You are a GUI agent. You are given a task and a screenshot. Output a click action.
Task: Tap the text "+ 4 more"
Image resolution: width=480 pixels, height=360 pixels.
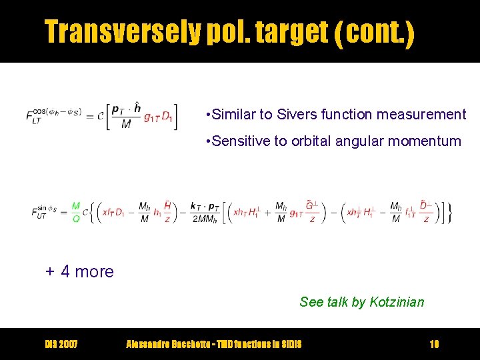79,271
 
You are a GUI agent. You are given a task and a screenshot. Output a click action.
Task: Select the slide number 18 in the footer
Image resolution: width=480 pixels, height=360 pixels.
434,344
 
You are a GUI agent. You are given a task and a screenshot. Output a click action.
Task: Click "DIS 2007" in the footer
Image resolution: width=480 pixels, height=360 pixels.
61,344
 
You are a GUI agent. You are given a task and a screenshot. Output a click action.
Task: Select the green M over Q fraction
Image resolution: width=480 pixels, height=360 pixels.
75,213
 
